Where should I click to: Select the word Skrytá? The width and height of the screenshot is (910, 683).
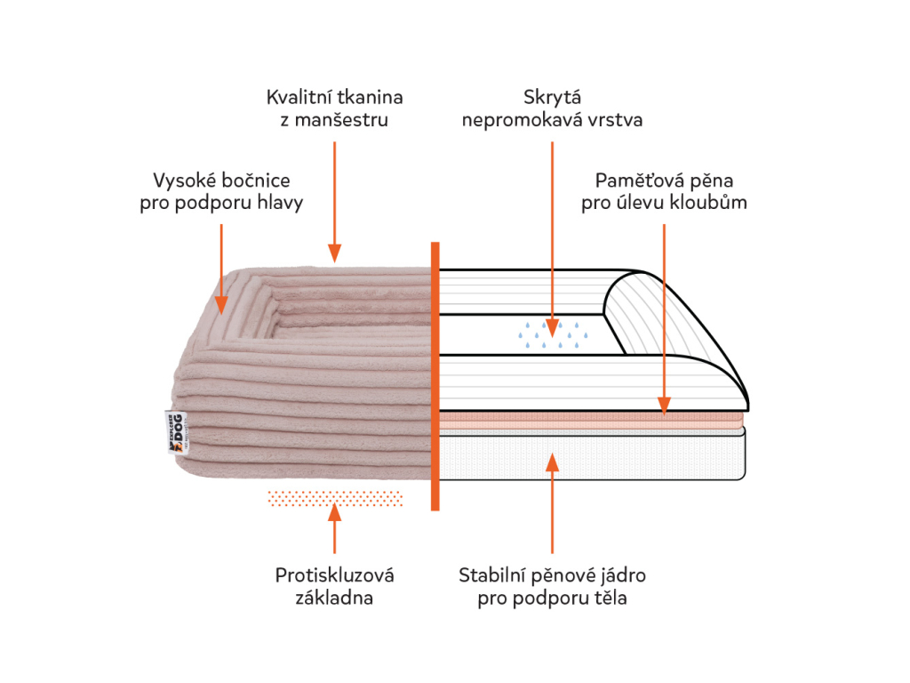click(552, 96)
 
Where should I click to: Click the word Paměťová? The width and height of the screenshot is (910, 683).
click(629, 180)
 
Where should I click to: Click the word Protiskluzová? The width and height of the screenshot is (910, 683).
click(334, 575)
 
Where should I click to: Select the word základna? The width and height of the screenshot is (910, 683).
click(334, 598)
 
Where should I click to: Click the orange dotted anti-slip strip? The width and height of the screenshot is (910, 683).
click(334, 498)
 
